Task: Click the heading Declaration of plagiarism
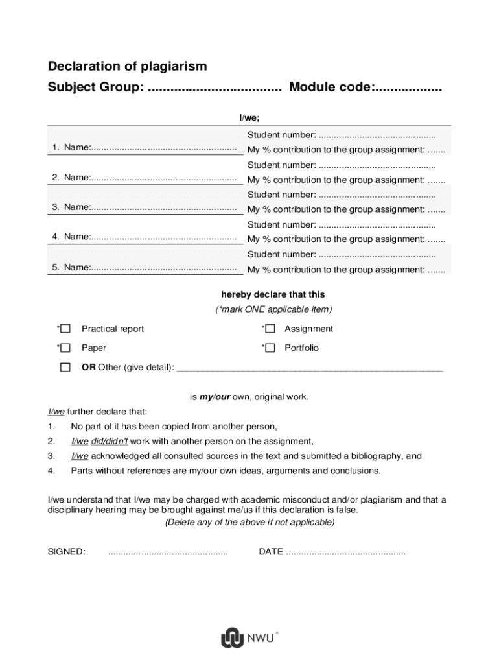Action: tap(128, 66)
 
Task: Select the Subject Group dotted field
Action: tap(215, 88)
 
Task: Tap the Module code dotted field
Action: tap(408, 88)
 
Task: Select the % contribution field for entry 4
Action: tap(437, 239)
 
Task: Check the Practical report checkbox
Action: tap(65, 329)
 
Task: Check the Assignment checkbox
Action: tap(270, 329)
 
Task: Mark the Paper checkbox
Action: tap(65, 348)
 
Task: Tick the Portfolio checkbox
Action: tap(270, 348)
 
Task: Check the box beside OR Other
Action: tap(65, 368)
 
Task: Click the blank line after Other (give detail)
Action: tap(310, 368)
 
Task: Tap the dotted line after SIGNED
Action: tap(168, 552)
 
